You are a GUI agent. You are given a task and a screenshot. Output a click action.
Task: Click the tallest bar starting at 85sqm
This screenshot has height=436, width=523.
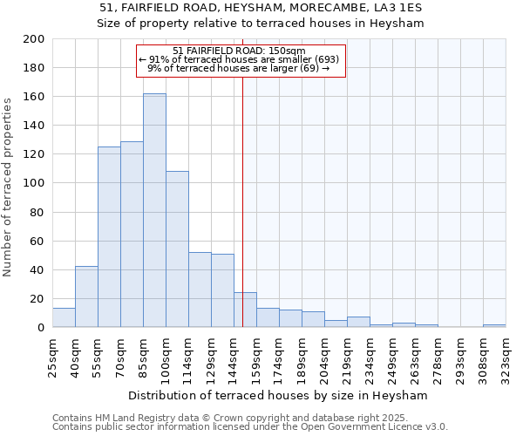(154, 210)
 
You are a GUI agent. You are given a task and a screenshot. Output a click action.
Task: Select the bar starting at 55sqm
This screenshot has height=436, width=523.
(109, 237)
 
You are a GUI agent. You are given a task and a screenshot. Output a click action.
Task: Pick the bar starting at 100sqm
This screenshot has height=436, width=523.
(177, 249)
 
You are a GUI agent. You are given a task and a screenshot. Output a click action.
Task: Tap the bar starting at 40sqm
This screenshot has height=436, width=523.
(86, 296)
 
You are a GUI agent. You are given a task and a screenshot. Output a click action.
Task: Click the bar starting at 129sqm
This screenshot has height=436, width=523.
(222, 290)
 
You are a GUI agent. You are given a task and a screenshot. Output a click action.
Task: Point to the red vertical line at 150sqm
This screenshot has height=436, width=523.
(242, 201)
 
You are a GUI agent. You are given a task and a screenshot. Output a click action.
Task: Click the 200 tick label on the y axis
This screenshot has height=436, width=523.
(33, 39)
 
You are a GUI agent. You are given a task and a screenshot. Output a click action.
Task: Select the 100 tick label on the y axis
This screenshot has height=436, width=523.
(33, 183)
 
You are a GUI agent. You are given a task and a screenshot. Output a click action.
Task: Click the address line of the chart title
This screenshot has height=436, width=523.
(261, 8)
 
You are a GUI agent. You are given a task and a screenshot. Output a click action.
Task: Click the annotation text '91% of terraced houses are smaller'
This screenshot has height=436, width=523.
(239, 59)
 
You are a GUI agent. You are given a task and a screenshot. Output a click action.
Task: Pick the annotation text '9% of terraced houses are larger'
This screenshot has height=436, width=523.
(239, 68)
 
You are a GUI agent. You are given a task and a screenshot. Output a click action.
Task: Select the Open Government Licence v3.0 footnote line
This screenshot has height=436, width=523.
(250, 427)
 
